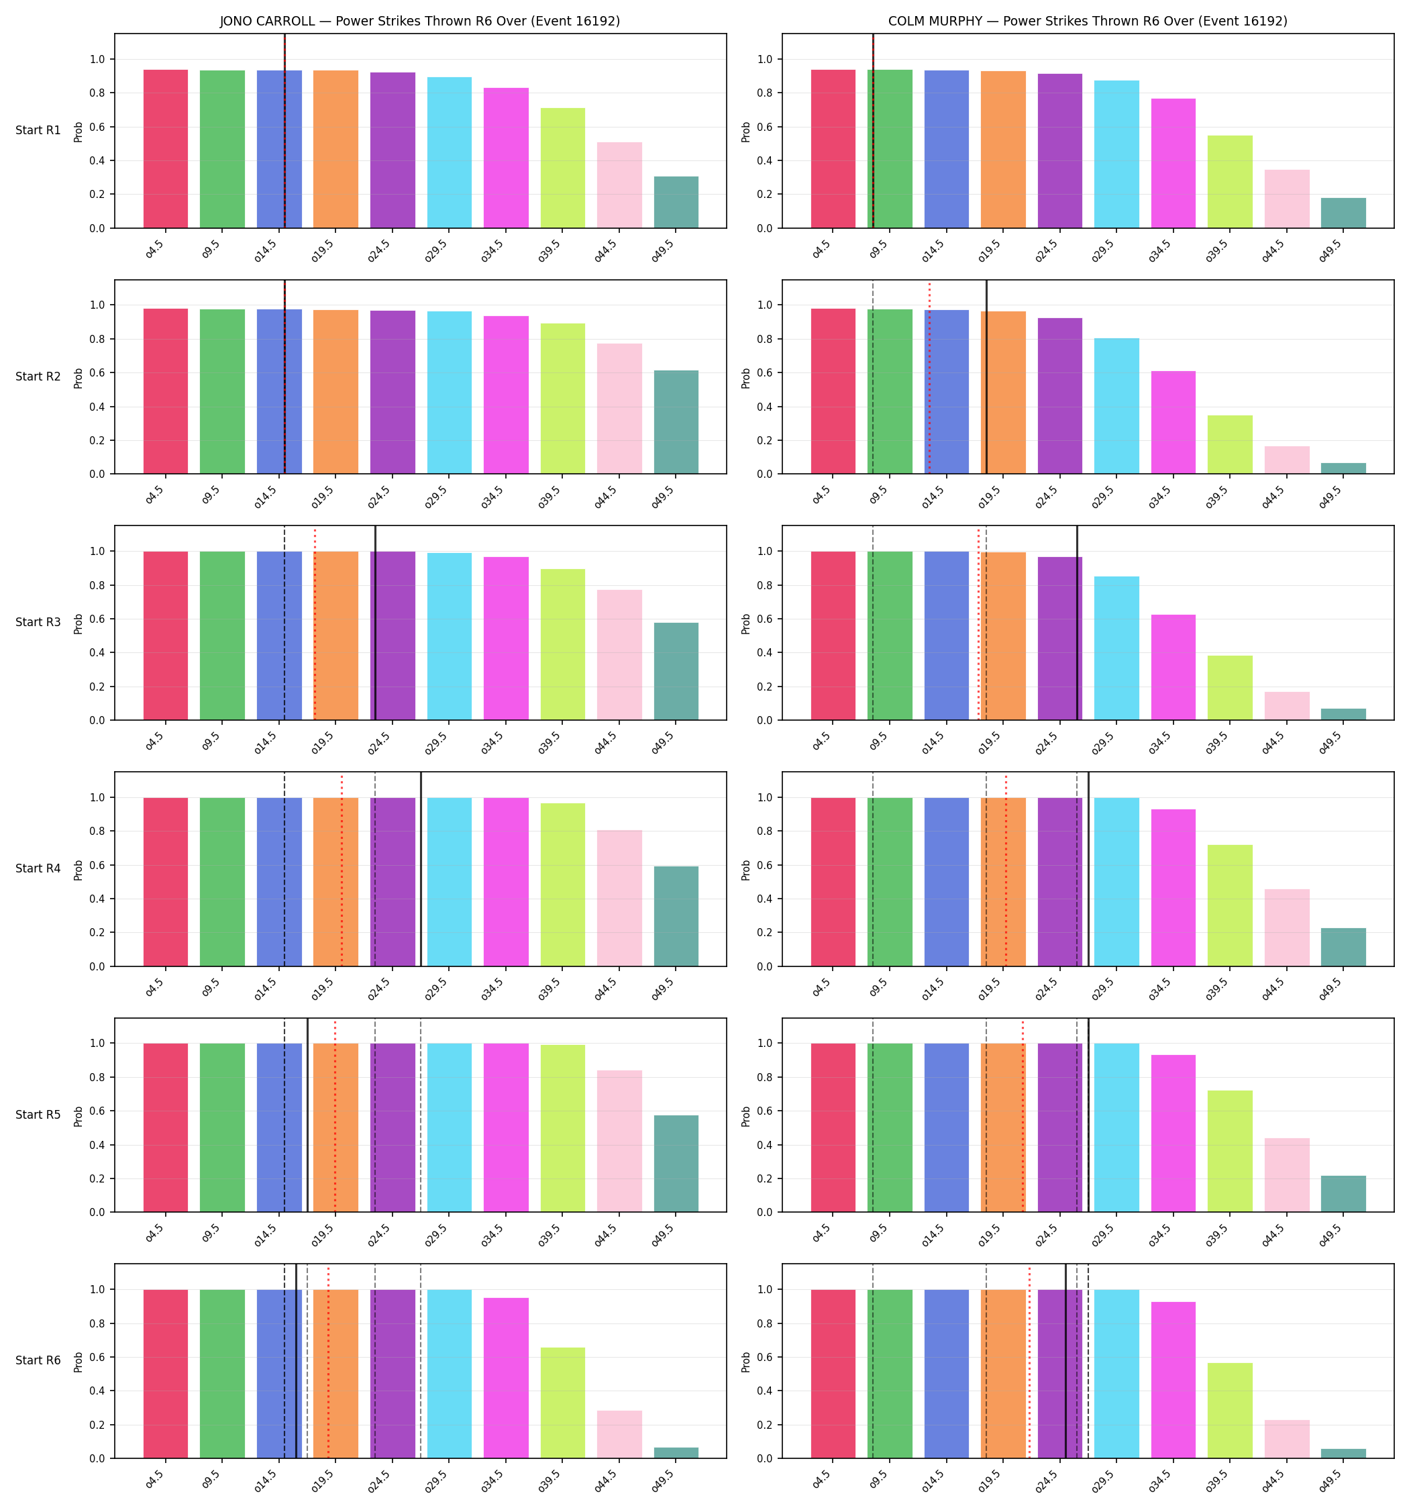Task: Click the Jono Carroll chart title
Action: click(x=420, y=21)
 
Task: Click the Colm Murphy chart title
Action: click(x=1088, y=21)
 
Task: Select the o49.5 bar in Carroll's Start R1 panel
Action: click(x=676, y=202)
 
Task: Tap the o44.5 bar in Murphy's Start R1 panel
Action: click(x=1287, y=199)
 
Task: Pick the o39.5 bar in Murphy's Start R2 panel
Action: click(x=1230, y=444)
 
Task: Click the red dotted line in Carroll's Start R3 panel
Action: click(x=315, y=623)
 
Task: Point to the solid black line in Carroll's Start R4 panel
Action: click(x=421, y=869)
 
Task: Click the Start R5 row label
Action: click(x=38, y=1114)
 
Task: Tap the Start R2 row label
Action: click(x=38, y=376)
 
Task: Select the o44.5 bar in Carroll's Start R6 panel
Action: click(x=619, y=1435)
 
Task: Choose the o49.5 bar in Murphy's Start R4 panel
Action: click(x=1343, y=947)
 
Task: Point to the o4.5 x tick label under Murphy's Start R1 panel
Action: click(x=821, y=250)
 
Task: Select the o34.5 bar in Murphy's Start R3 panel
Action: click(x=1173, y=668)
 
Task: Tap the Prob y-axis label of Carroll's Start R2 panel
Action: click(x=79, y=377)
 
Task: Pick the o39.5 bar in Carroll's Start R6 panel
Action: click(x=563, y=1403)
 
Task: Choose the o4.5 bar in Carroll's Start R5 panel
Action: click(x=166, y=1128)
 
